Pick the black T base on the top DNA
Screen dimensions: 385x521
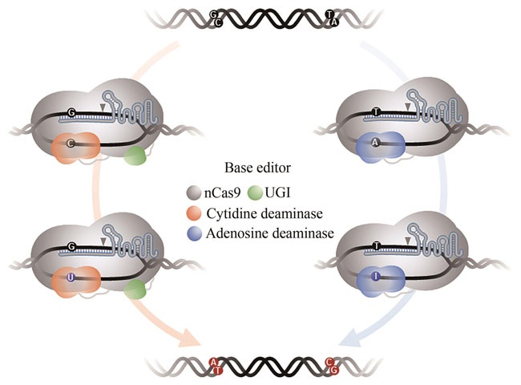331,14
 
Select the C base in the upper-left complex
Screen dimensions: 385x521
74,145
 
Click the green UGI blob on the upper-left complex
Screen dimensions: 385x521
136,156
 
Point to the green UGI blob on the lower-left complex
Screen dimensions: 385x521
136,290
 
